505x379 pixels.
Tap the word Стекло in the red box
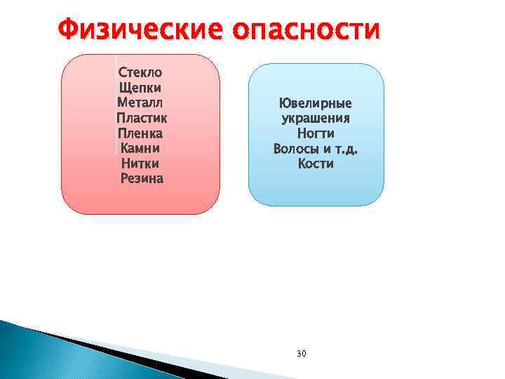[140, 72]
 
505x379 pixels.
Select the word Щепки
[140, 88]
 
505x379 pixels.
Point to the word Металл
[140, 103]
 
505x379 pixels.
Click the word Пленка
[140, 133]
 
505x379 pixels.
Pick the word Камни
[140, 148]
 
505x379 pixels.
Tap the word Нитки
[140, 164]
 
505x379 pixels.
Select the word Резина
[141, 178]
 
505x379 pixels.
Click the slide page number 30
[302, 352]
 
